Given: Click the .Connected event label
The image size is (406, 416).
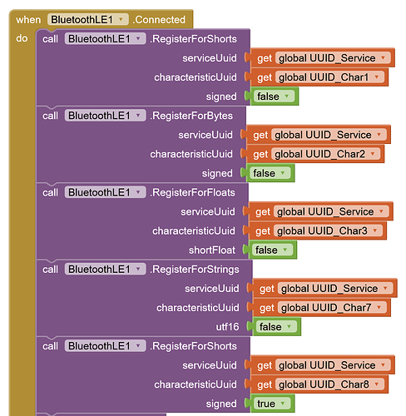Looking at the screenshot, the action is coord(159,20).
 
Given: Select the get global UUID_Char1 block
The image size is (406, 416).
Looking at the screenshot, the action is coord(319,77).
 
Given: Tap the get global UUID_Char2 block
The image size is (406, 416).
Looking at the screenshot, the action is coord(315,154).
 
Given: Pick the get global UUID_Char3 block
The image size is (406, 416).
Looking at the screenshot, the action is coord(317,230).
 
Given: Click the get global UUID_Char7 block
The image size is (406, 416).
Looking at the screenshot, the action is coord(321,308).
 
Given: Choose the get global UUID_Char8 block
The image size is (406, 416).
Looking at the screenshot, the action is coord(319,384).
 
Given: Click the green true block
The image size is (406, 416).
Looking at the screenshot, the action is coord(272,404).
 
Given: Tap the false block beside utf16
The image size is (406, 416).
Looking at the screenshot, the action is coord(276,327).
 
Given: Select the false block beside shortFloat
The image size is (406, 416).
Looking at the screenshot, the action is coord(272,250).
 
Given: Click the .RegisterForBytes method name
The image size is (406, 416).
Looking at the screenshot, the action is coord(191,116).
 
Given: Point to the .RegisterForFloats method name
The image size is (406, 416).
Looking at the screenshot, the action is coord(192,192).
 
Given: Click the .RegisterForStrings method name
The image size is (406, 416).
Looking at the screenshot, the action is coord(195,270).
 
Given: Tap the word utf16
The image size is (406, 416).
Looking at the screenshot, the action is coord(227,327).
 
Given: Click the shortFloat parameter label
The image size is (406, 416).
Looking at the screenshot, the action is coord(212,250).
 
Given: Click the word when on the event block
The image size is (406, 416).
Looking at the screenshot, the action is coord(28,20).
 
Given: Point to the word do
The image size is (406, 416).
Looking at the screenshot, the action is coord(22,38).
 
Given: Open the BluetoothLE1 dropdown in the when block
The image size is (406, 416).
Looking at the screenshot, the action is coord(88,19).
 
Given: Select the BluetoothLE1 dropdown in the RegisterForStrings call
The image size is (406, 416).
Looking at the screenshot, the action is coord(106,269).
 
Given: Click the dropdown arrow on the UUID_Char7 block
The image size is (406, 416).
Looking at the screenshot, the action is coord(379,307).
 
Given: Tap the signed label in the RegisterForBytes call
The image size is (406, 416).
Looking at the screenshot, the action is coord(217,173).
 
